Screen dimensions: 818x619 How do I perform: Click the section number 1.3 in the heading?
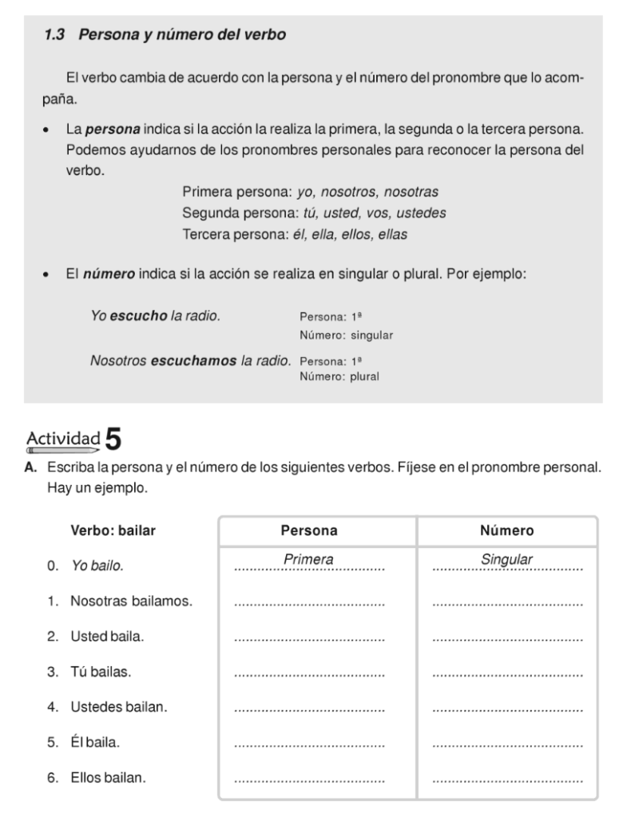tap(55, 35)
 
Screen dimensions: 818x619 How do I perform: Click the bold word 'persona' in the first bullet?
tap(113, 129)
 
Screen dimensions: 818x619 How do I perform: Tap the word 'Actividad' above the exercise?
tap(63, 439)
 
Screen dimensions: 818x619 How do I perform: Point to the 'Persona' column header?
tap(309, 530)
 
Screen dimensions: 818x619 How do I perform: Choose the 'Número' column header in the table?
tap(507, 530)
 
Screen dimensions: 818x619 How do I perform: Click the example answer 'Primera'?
tap(308, 560)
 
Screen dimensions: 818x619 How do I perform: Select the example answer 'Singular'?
tap(506, 560)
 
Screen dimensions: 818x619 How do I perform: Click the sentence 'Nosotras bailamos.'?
tap(132, 601)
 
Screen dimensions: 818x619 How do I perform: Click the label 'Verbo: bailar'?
tap(113, 530)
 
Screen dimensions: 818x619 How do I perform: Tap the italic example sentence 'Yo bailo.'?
tap(97, 566)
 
